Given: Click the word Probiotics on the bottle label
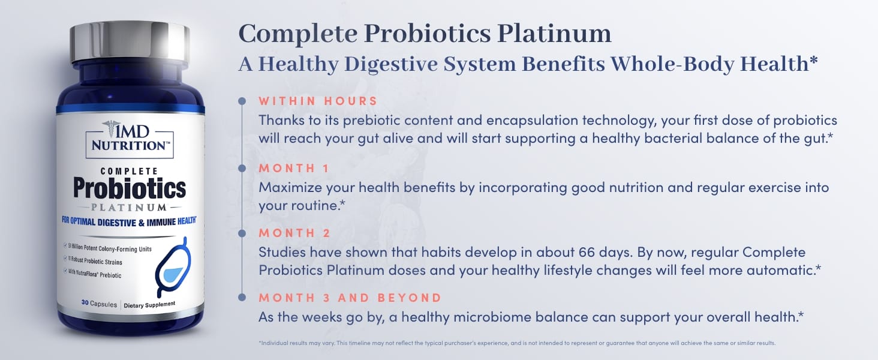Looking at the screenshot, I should (x=130, y=188).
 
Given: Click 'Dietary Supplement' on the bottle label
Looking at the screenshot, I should (x=150, y=304).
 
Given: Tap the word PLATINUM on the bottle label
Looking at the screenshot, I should (x=130, y=208).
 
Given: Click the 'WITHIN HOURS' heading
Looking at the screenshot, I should (x=318, y=101).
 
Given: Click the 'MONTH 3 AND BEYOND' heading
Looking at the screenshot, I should (x=350, y=298).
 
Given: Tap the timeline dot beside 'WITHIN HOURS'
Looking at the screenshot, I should (x=242, y=101).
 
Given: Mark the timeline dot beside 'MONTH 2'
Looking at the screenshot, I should (x=242, y=233).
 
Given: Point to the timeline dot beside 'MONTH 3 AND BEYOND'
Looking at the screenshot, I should (x=242, y=298).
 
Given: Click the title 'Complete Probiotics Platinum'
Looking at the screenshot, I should (x=425, y=34).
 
